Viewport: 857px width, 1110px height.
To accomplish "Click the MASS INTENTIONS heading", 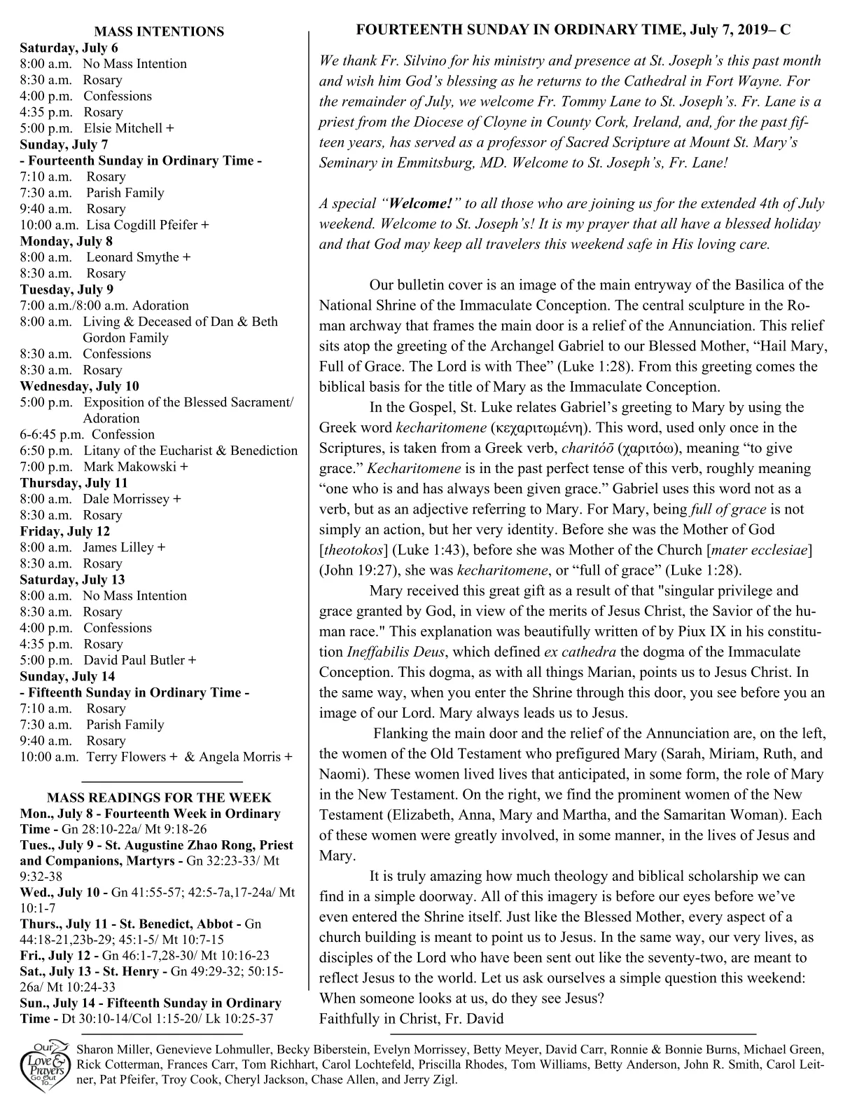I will [x=159, y=32].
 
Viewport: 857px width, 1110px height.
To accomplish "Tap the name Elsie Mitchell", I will [x=124, y=128].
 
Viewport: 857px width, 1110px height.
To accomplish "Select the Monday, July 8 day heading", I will [x=66, y=241].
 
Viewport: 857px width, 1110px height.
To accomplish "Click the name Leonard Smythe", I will [x=132, y=257].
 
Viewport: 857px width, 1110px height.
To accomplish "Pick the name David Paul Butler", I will [x=134, y=660].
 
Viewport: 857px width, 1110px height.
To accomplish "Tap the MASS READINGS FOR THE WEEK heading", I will [x=159, y=798].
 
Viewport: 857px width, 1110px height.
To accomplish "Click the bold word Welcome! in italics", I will [x=421, y=204].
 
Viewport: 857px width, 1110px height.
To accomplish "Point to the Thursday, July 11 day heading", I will [x=74, y=483].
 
